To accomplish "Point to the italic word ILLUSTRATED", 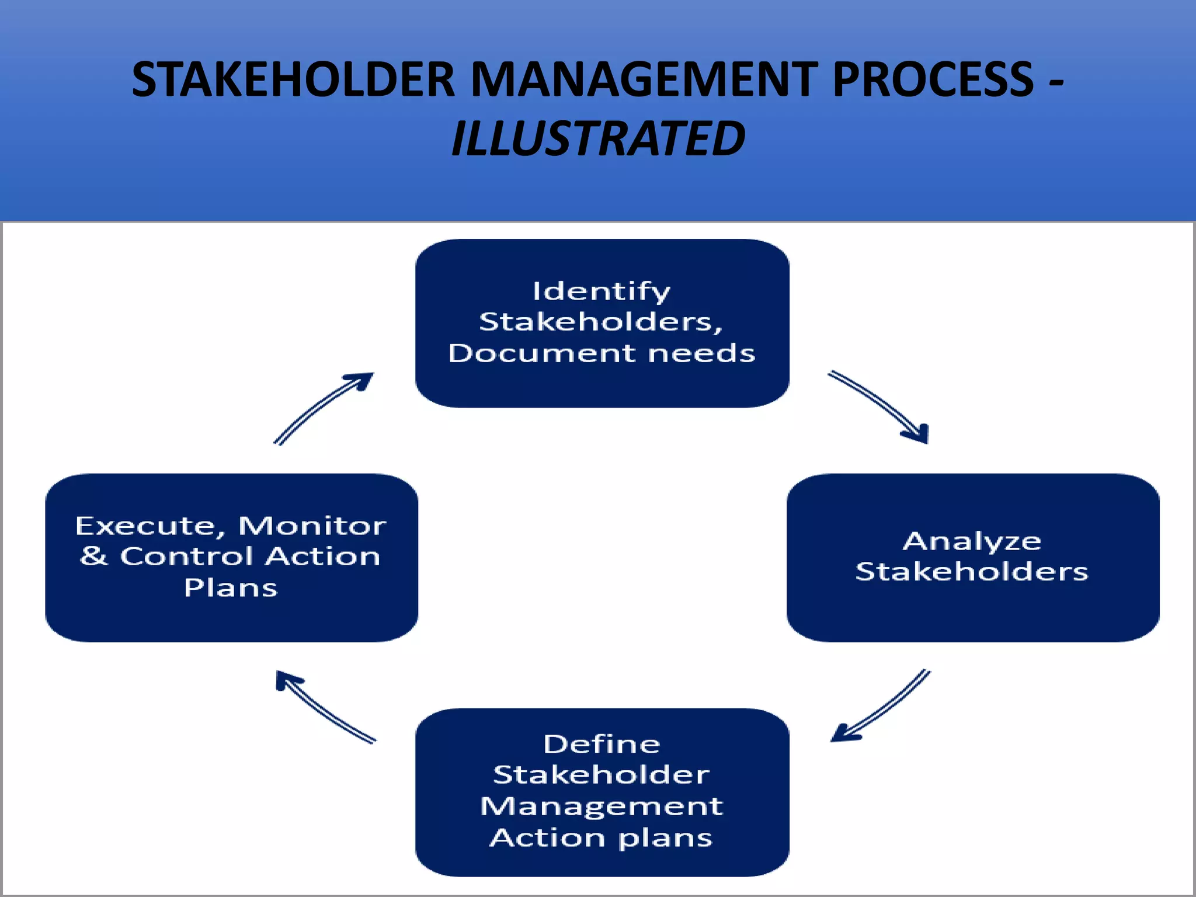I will click(598, 139).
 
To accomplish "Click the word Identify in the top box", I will click(602, 291).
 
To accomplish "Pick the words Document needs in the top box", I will click(602, 353).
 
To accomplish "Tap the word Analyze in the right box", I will click(972, 541).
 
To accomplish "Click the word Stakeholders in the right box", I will click(972, 572).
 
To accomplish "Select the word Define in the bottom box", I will click(602, 745).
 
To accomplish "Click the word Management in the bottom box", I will click(602, 806).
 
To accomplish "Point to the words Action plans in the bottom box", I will click(602, 838).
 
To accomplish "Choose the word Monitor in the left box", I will click(312, 526).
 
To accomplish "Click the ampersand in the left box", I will click(94, 556).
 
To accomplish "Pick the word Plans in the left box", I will click(231, 587).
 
